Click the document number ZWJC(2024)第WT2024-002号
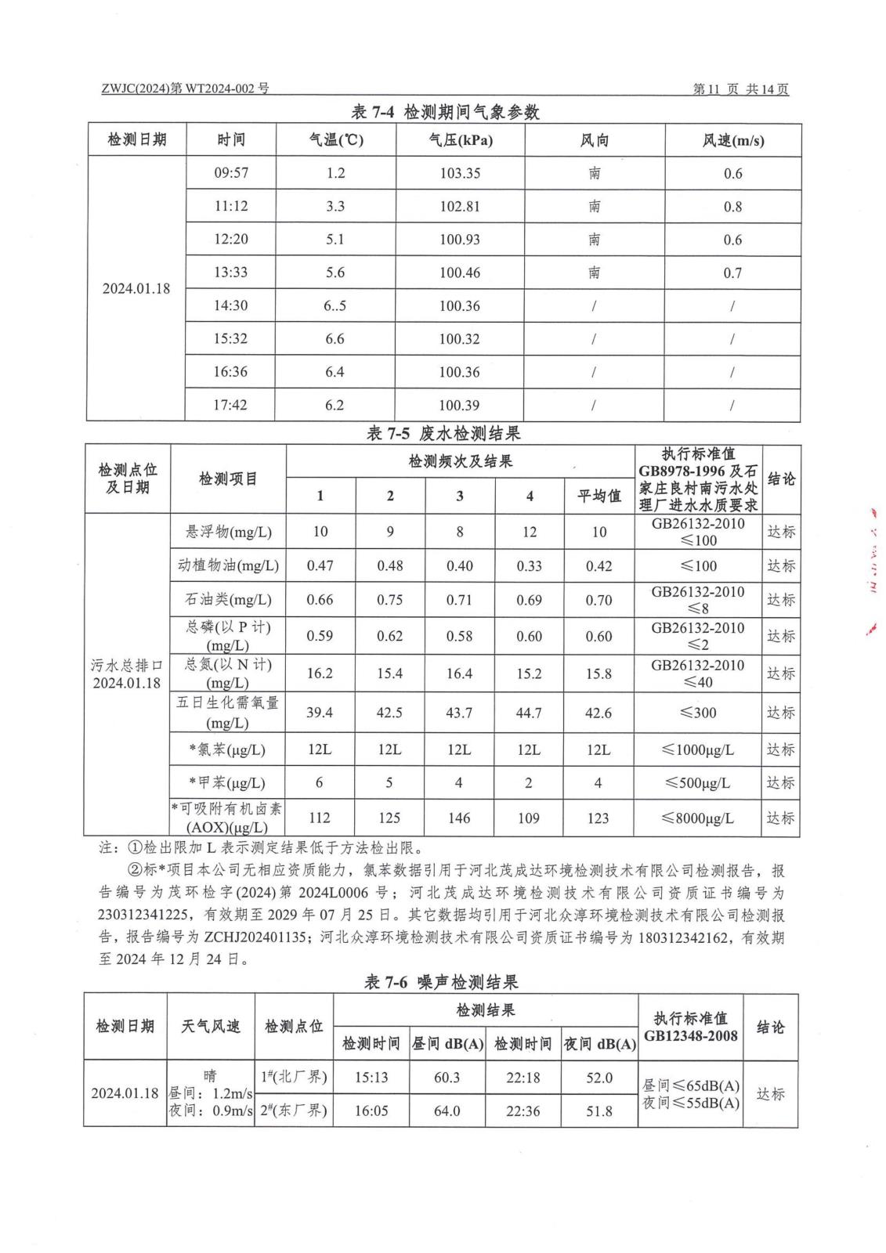click(185, 88)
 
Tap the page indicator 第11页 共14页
click(740, 89)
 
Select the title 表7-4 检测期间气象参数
click(445, 112)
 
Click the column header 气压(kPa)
click(460, 140)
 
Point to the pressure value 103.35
click(460, 173)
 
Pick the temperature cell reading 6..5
click(335, 305)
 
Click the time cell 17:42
click(230, 405)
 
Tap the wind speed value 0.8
click(732, 207)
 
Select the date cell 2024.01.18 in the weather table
click(136, 288)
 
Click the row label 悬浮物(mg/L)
click(228, 532)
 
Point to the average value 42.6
click(599, 713)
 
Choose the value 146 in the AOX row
click(459, 818)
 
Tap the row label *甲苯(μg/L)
click(228, 782)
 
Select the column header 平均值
click(599, 496)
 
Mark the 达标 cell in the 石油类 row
click(780, 600)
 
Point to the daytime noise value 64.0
click(447, 1110)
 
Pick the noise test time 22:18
click(523, 1078)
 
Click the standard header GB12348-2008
click(690, 1036)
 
